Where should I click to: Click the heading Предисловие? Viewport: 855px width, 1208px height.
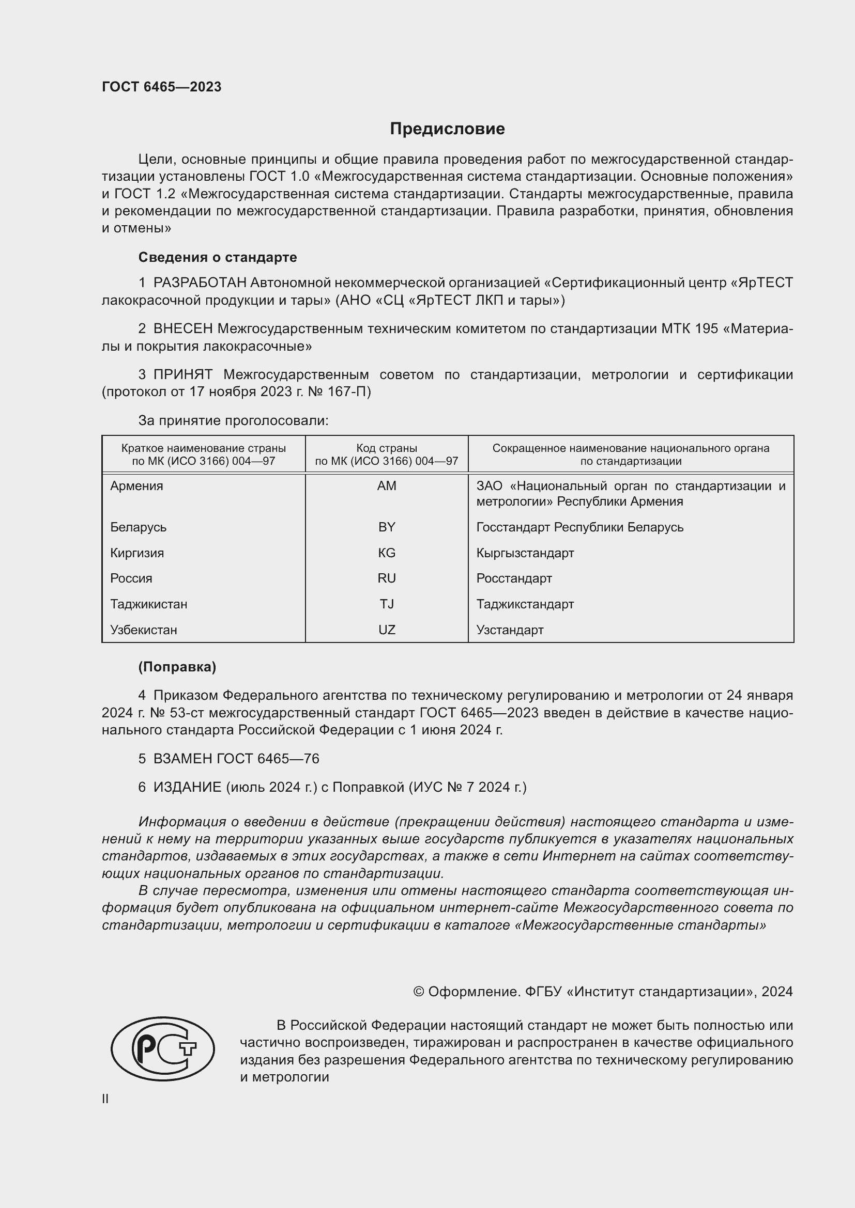[x=447, y=129]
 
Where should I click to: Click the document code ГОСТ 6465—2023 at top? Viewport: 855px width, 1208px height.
[x=162, y=87]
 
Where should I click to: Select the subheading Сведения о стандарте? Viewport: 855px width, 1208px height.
[x=218, y=257]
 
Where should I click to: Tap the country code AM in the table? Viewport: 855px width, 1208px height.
[x=387, y=485]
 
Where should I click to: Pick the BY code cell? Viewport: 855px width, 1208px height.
[x=387, y=527]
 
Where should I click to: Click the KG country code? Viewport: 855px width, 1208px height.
[x=387, y=553]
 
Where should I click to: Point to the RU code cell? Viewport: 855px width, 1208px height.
[x=387, y=578]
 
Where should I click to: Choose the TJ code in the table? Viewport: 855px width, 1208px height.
[x=387, y=604]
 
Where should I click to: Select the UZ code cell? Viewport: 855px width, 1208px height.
[x=387, y=630]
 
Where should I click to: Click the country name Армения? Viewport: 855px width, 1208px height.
[x=136, y=485]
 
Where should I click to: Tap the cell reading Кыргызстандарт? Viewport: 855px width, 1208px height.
[x=525, y=553]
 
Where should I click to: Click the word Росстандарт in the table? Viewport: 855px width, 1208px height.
[x=514, y=578]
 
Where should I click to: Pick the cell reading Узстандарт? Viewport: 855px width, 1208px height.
[x=510, y=630]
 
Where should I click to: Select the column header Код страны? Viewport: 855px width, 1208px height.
[x=387, y=448]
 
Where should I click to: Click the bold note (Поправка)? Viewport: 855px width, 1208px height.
[x=177, y=667]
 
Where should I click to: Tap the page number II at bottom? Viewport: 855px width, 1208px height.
[x=105, y=1099]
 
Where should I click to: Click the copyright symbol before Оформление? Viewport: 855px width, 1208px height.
[x=419, y=992]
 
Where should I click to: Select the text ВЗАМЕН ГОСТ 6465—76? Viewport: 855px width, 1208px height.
[x=236, y=758]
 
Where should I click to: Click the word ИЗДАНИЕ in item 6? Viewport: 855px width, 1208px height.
[x=188, y=787]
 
